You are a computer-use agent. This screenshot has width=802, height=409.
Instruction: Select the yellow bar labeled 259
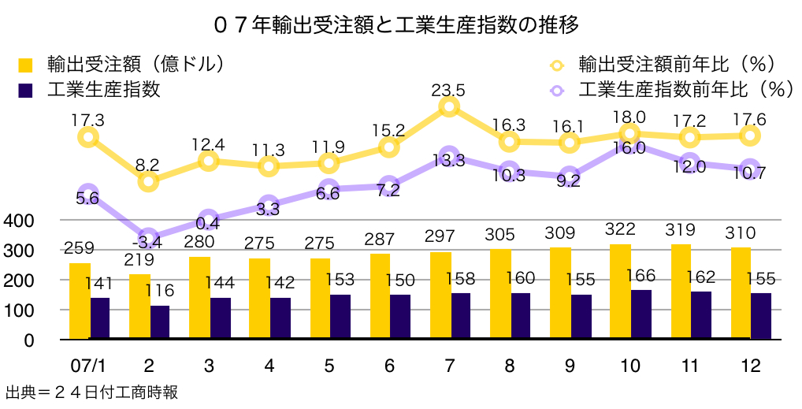pyautogui.click(x=80, y=301)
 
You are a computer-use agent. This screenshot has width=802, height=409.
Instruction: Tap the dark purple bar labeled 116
pyautogui.click(x=160, y=322)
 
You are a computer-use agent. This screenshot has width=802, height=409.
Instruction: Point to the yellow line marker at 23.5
pyautogui.click(x=449, y=107)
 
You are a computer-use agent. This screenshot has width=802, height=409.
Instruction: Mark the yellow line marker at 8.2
pyautogui.click(x=148, y=182)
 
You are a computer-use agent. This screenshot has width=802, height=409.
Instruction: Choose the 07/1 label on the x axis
pyautogui.click(x=88, y=366)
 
